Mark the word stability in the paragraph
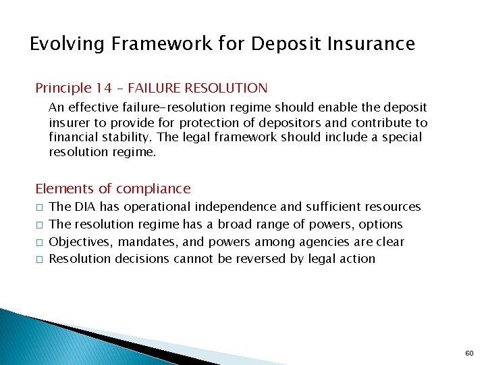click(117, 137)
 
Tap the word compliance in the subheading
click(154, 189)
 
